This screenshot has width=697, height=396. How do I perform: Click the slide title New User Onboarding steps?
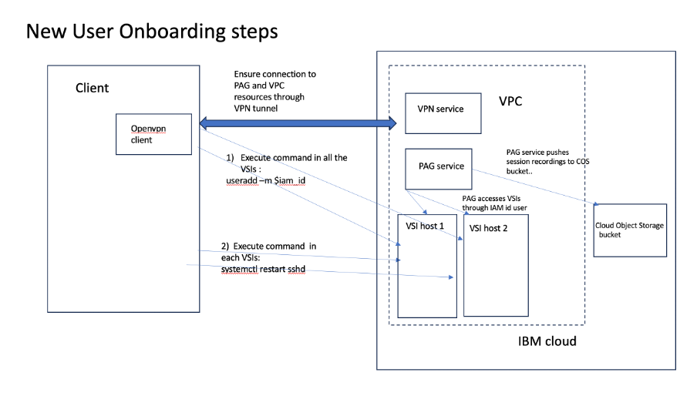tap(151, 32)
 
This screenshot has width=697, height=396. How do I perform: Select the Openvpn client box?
tap(153, 134)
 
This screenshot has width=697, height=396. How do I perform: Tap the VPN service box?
tap(443, 112)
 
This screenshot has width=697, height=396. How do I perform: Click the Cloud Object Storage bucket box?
tap(629, 230)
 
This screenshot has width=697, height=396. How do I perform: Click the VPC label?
tap(515, 101)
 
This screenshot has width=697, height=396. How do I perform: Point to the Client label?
tap(92, 88)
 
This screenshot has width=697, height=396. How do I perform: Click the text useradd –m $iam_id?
tap(260, 180)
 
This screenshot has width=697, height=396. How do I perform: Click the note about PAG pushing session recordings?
tap(547, 161)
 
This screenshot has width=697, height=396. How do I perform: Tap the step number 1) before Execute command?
tap(230, 157)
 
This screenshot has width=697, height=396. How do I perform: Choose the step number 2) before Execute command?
tap(224, 244)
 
